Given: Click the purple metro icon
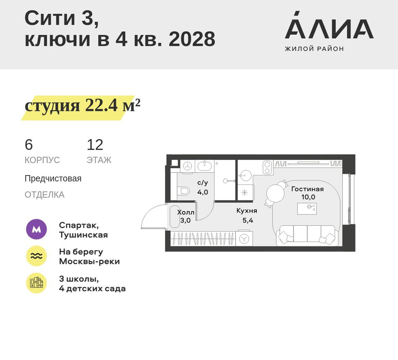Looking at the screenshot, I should (36, 230).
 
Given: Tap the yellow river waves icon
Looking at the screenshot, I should (36, 256).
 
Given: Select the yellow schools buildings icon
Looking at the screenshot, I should (36, 283).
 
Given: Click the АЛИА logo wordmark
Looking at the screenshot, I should (329, 29).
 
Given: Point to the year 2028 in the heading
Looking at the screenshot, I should (192, 40).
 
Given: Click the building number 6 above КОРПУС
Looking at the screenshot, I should (29, 145).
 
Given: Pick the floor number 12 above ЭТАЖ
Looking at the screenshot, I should (95, 145).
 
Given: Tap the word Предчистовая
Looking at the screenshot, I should (53, 179).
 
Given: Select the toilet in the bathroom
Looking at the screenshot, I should (184, 191).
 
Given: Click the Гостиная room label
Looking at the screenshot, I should (307, 189).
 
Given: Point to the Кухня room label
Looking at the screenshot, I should (246, 211).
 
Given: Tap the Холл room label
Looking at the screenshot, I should (186, 213).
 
